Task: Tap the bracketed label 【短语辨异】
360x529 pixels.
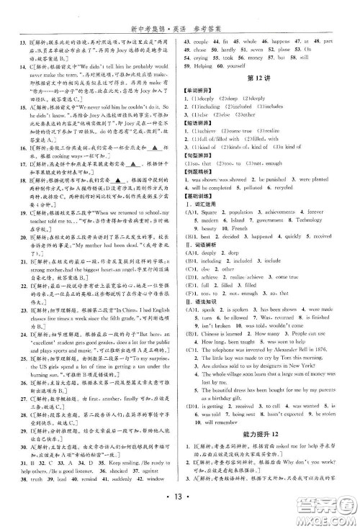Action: [201, 141]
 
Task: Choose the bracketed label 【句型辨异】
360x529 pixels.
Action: [201, 175]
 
